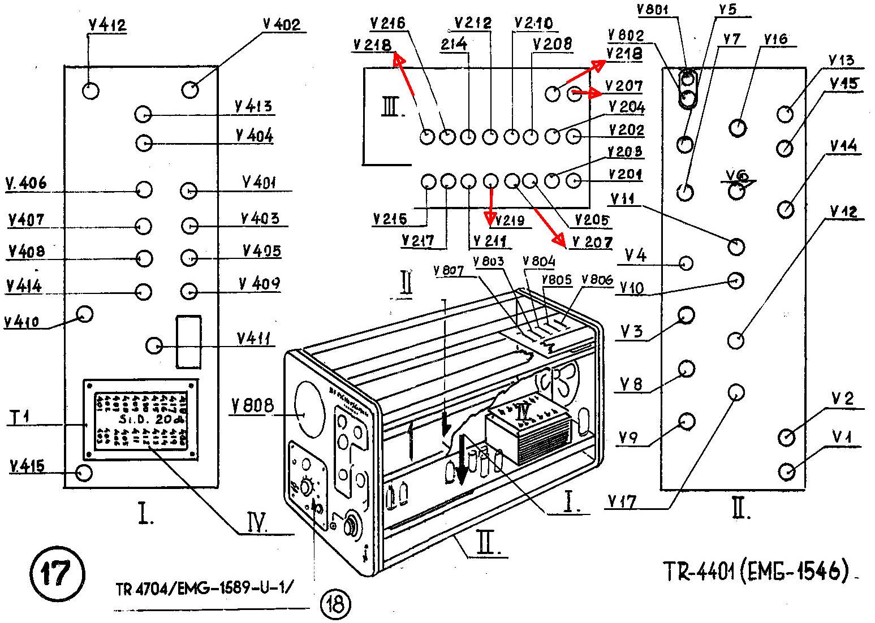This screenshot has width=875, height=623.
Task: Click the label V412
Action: [107, 25]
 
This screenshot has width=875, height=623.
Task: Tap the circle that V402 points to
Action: [191, 89]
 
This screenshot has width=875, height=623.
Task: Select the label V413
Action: [253, 106]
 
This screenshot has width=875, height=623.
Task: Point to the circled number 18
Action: [335, 603]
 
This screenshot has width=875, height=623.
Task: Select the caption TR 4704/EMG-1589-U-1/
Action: [205, 589]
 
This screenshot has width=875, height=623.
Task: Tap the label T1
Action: [20, 418]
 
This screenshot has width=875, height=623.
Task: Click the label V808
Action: [252, 405]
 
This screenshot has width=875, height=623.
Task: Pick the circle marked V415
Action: [84, 472]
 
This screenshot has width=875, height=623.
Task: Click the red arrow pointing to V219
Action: [491, 205]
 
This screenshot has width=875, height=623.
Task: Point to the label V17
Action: [622, 501]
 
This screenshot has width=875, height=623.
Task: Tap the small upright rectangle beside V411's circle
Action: [188, 341]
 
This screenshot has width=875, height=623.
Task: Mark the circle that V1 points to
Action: [787, 471]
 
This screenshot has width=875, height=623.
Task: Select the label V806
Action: [597, 280]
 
